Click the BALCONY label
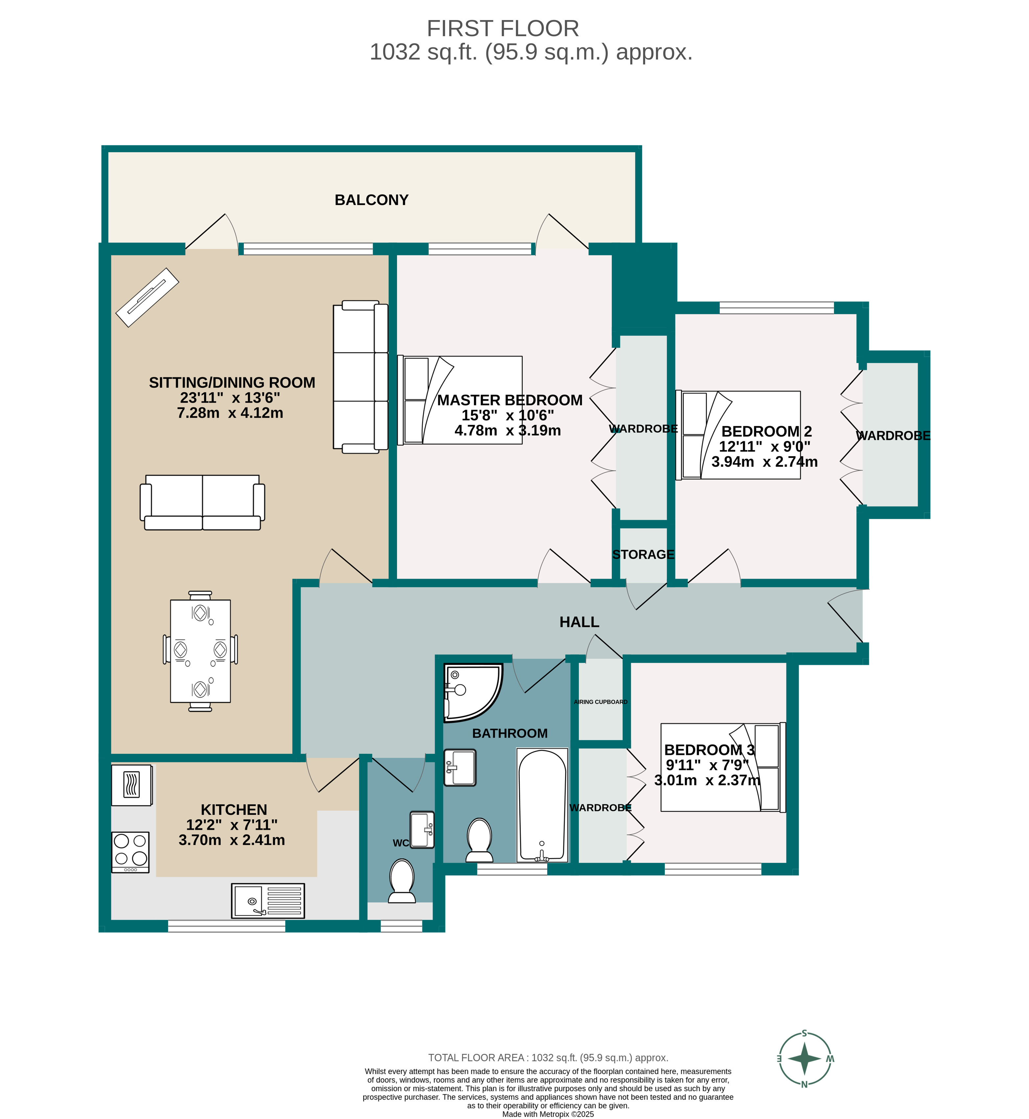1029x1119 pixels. (371, 200)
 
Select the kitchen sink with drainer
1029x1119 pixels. (268, 901)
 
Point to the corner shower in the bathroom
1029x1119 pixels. (469, 691)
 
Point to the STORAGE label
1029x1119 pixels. (643, 555)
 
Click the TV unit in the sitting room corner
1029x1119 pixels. (147, 297)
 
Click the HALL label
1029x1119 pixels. (579, 622)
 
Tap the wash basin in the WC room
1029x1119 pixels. (422, 830)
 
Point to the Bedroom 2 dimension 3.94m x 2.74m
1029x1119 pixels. (764, 462)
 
